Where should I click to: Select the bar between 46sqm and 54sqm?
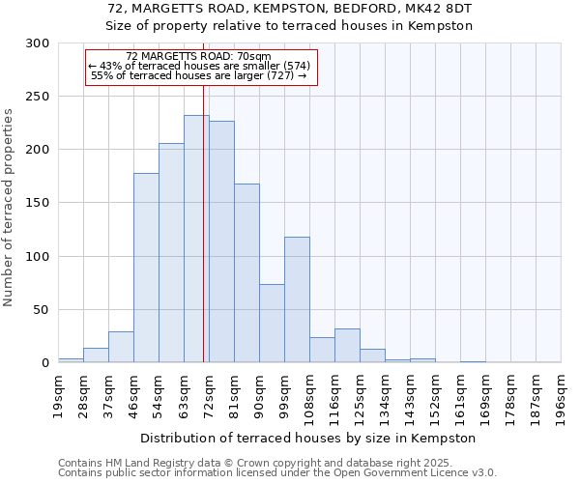click(146, 268)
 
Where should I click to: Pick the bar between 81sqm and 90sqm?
click(246, 273)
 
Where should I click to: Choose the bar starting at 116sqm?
click(347, 346)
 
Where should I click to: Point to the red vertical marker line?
click(204, 193)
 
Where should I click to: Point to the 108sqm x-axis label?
click(310, 396)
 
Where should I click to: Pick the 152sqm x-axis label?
click(436, 396)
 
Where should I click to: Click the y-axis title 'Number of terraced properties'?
click(9, 208)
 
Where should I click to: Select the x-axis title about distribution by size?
click(309, 438)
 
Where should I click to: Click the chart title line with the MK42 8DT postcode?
click(290, 9)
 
